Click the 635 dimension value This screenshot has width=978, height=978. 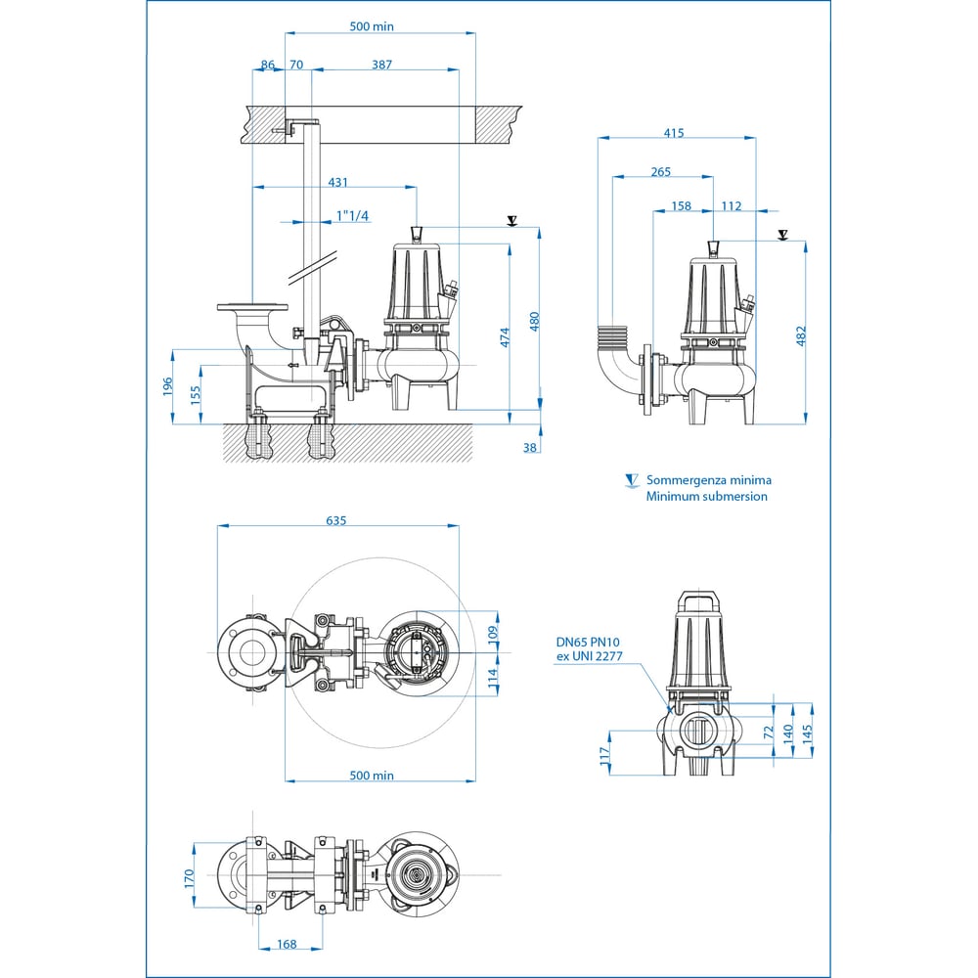click(x=335, y=520)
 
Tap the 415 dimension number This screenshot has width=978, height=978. click(x=674, y=133)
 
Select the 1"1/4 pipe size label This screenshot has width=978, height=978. click(x=352, y=216)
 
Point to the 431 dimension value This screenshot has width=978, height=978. click(x=337, y=182)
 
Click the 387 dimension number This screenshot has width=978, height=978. click(x=381, y=65)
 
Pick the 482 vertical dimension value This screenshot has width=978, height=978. click(x=802, y=335)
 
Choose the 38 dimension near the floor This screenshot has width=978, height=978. click(x=529, y=447)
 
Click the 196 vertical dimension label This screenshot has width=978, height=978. click(x=167, y=386)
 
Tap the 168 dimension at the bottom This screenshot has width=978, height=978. click(x=287, y=945)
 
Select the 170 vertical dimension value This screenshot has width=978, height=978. click(x=189, y=878)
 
